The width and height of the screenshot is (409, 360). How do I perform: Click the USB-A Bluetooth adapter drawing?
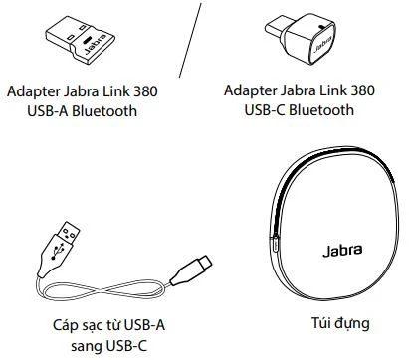coord(81,43)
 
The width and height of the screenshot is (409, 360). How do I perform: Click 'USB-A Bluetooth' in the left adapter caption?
coord(82,109)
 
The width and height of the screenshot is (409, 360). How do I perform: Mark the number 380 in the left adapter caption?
coord(141,90)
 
